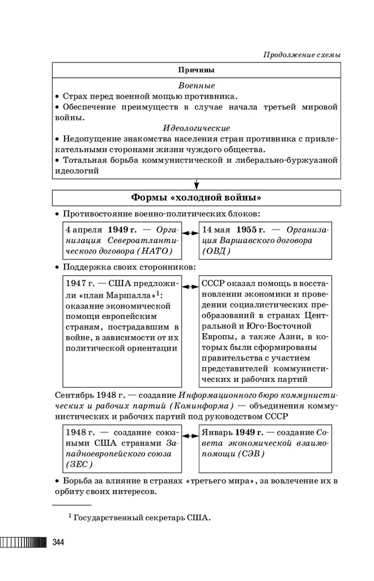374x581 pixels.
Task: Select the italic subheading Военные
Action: point(196,86)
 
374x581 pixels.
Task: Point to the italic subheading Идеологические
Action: point(196,128)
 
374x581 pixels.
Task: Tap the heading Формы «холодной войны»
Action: point(196,197)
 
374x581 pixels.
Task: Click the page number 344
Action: point(58,543)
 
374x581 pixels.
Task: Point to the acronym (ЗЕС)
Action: point(79,464)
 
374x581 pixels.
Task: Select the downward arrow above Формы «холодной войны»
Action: point(196,184)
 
